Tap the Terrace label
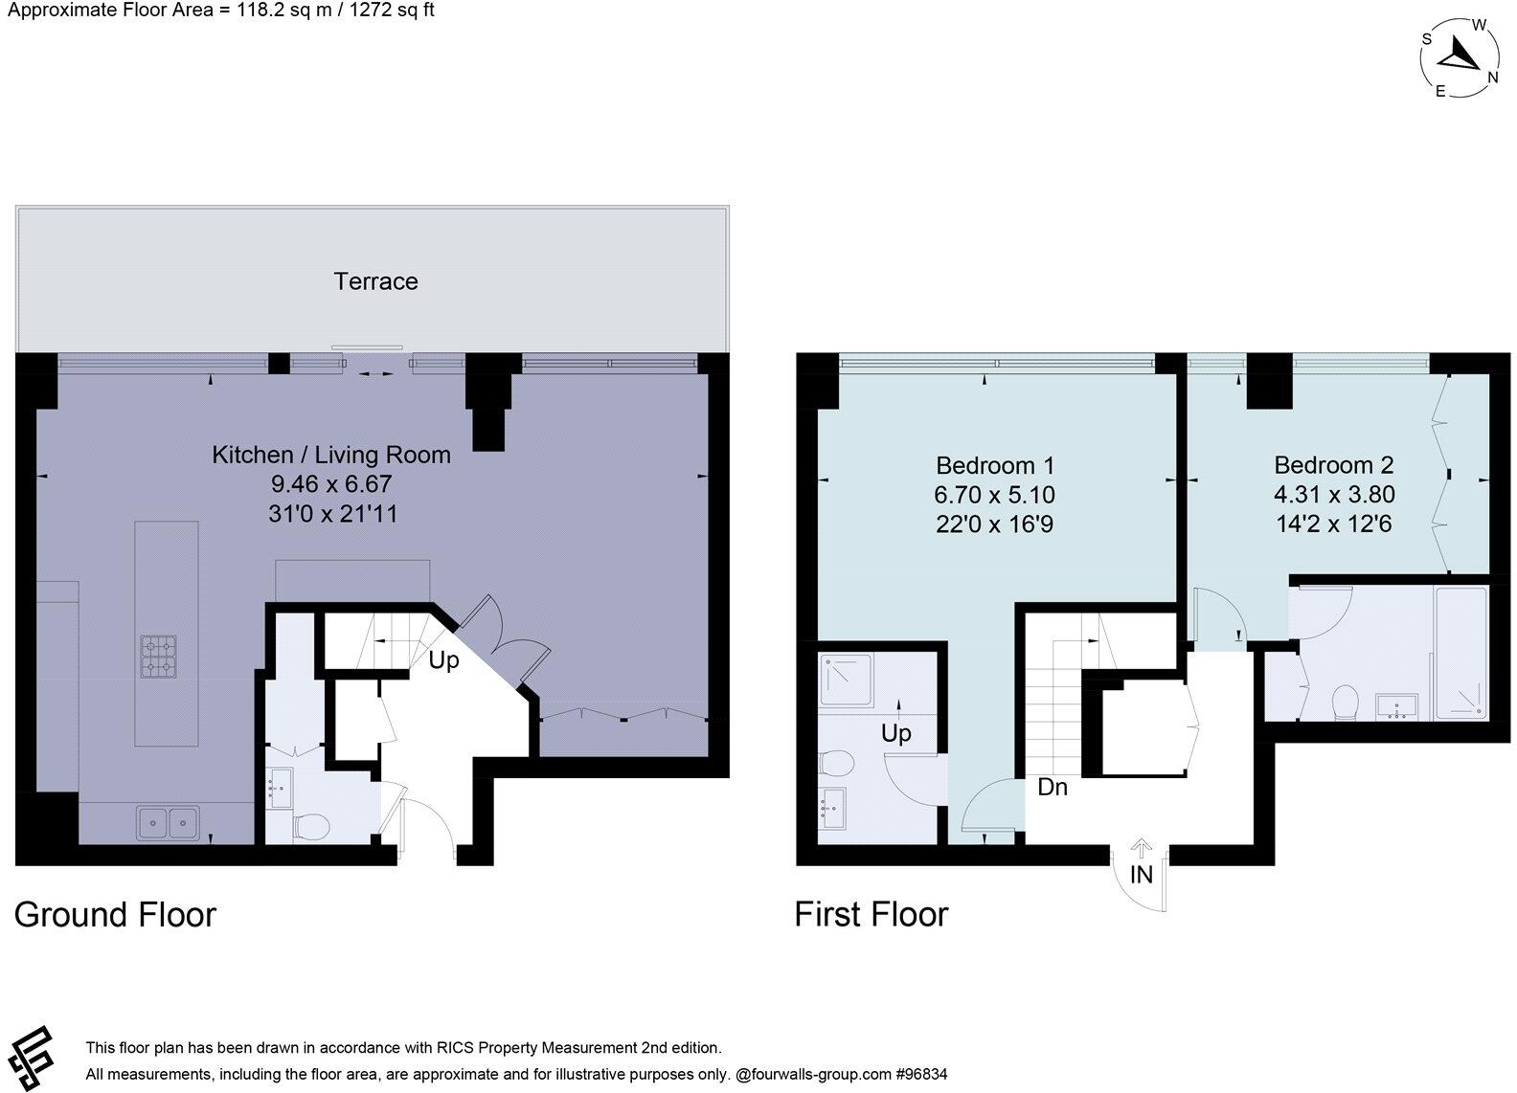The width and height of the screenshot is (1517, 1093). coord(375,281)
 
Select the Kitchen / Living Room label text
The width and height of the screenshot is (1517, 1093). coord(330,455)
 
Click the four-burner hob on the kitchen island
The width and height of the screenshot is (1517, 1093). coord(159,658)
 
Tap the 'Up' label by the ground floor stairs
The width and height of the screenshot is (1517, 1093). coord(443,660)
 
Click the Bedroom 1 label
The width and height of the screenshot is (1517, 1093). coord(994,466)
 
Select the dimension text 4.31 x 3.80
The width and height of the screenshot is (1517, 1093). coord(1333,495)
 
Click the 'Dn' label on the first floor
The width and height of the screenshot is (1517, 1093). coord(1053,788)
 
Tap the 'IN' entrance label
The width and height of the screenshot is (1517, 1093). coord(1141,874)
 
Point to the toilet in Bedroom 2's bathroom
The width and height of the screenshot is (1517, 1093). coord(1347,702)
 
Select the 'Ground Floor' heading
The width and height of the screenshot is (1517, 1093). coord(115,915)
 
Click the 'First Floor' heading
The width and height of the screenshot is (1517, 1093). coord(871,915)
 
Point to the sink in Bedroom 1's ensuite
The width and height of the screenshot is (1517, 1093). coord(832,810)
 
